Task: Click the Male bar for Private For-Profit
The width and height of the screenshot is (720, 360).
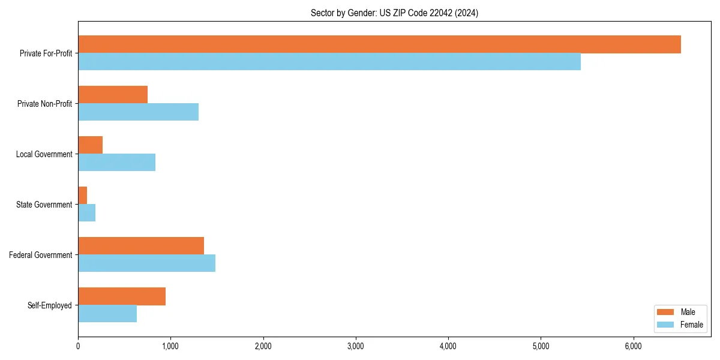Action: point(379,44)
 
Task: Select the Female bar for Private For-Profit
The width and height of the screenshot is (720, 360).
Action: point(329,62)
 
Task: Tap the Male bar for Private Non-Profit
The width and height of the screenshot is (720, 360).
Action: point(113,95)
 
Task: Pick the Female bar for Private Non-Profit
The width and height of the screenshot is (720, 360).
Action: point(138,112)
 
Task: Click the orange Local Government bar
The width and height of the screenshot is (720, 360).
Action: point(90,145)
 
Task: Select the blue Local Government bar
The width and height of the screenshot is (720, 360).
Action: point(116,163)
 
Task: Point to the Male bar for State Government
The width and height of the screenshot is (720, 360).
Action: point(83,196)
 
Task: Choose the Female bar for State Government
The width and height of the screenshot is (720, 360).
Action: point(87,213)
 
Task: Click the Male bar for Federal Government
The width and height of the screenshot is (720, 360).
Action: point(141,246)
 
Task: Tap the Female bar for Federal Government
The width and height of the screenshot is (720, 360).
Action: point(146,263)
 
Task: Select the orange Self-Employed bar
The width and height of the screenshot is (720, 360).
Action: point(122,296)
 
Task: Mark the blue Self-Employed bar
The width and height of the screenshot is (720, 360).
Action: point(107,314)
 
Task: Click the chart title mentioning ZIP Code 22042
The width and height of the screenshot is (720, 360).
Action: point(394,13)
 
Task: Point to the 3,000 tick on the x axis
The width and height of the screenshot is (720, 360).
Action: point(356,346)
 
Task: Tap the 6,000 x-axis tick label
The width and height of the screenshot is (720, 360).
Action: point(634,346)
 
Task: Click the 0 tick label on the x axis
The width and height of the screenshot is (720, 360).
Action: point(78,346)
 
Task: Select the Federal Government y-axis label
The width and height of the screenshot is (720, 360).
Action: point(41,255)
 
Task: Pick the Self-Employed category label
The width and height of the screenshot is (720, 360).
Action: point(50,305)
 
